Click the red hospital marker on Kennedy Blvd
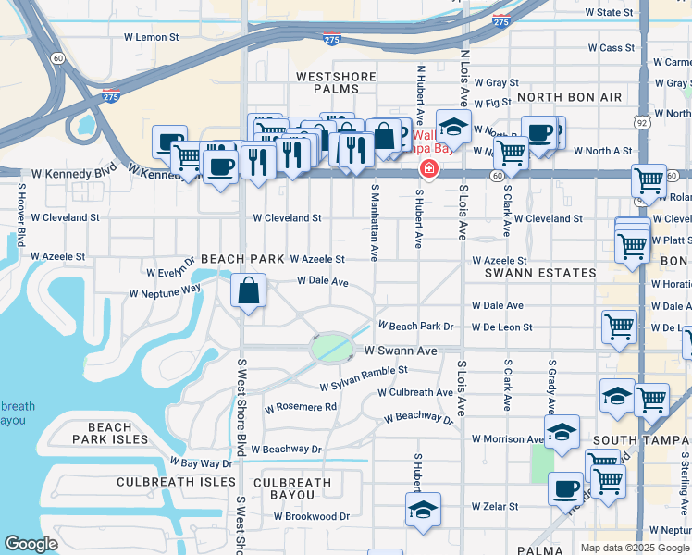click(x=428, y=168)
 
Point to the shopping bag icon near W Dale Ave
click(x=248, y=291)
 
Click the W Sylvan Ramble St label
click(x=364, y=370)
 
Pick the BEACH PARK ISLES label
click(x=110, y=434)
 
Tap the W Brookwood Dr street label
click(x=317, y=516)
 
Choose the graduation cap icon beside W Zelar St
click(x=423, y=509)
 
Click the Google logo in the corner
click(x=31, y=544)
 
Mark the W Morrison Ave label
click(x=509, y=438)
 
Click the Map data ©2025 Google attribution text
click(x=635, y=548)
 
